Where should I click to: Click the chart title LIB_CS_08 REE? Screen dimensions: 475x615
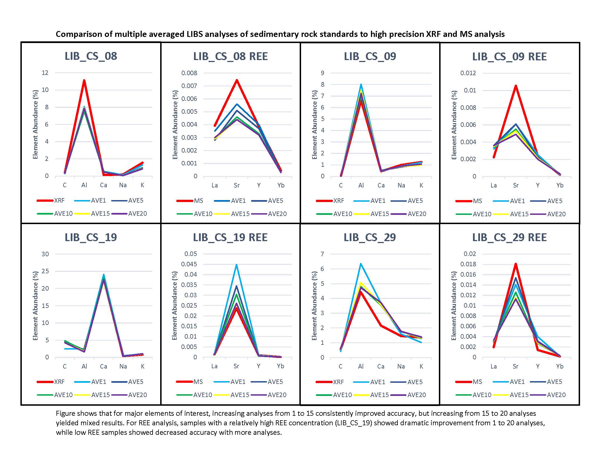tap(230, 56)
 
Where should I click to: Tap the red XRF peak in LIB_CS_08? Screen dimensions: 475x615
tap(84, 81)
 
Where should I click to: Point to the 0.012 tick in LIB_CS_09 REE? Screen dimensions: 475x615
tap(468, 73)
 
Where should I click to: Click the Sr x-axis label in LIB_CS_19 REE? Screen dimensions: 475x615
tap(236, 366)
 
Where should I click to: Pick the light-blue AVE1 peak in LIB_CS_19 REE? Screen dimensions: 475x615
tap(236, 265)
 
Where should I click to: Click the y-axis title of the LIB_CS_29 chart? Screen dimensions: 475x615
tap(314, 306)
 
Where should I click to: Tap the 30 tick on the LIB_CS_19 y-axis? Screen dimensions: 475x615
tap(45, 254)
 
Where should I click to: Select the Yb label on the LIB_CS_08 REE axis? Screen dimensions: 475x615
tap(281, 185)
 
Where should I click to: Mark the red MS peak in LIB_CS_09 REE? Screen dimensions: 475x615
tap(515, 85)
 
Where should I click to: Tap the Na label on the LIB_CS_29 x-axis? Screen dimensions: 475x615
tap(401, 366)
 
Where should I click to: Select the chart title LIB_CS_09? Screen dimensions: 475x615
tap(370, 56)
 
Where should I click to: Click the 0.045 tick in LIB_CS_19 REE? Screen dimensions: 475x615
tap(191, 264)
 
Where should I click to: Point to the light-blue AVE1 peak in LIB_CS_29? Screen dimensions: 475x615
tap(360, 264)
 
